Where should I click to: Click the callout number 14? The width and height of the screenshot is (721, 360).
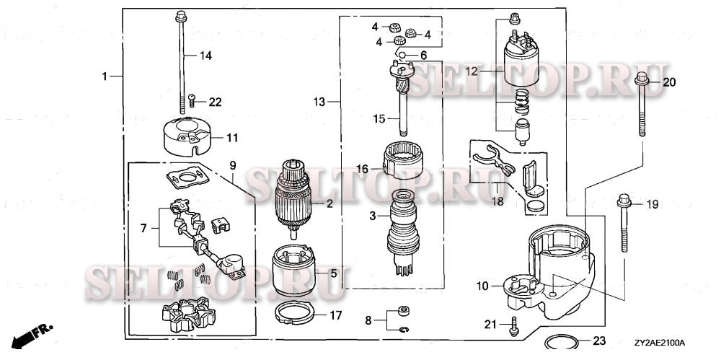(206, 56)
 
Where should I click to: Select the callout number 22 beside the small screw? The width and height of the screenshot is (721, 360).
(215, 102)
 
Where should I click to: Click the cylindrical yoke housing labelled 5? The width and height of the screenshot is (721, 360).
(293, 274)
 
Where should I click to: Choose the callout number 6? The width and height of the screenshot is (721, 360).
(423, 56)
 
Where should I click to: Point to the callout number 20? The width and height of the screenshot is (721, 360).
(669, 82)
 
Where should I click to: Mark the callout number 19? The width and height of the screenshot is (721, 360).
(651, 205)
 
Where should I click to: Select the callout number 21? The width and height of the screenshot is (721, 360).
(490, 324)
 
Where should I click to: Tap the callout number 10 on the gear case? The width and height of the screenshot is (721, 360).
(482, 286)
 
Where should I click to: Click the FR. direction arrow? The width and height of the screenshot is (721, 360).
(34, 333)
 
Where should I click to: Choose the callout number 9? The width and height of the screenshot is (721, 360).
(233, 165)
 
